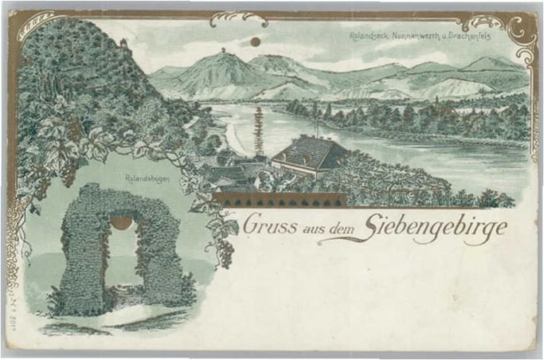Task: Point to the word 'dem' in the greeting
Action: (x=343, y=226)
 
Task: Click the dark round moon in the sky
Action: (x=255, y=41)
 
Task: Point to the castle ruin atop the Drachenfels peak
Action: (x=224, y=51)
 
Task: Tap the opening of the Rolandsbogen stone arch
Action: (x=121, y=257)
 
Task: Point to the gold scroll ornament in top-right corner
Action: (x=513, y=27)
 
